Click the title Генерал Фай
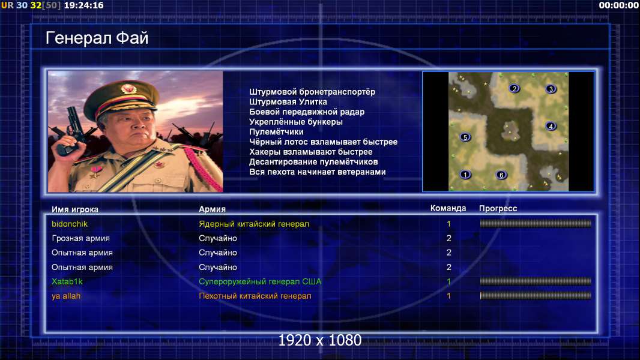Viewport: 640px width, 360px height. click(97, 38)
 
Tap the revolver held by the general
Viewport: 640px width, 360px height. click(70, 130)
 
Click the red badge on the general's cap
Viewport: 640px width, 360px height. click(128, 88)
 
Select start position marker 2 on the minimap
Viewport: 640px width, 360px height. click(515, 88)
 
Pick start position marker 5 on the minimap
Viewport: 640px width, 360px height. click(465, 137)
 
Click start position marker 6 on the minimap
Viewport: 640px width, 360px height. click(501, 175)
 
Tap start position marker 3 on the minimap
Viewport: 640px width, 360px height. click(551, 89)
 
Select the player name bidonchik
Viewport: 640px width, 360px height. click(70, 224)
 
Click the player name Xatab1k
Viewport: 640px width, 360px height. click(67, 281)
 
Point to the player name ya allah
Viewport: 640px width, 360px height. click(65, 296)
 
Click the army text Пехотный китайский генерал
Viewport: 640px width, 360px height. click(255, 296)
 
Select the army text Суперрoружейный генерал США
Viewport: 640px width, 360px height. click(260, 281)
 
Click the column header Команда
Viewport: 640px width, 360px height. click(448, 208)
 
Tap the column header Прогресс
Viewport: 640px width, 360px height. click(498, 208)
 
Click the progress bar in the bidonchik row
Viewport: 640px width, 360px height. click(536, 223)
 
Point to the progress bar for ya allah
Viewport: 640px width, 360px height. click(536, 296)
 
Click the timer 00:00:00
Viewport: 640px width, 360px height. click(618, 5)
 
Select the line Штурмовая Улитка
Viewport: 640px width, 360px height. click(288, 102)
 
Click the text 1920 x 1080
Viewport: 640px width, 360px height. click(320, 340)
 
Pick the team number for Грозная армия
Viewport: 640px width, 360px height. click(449, 238)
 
